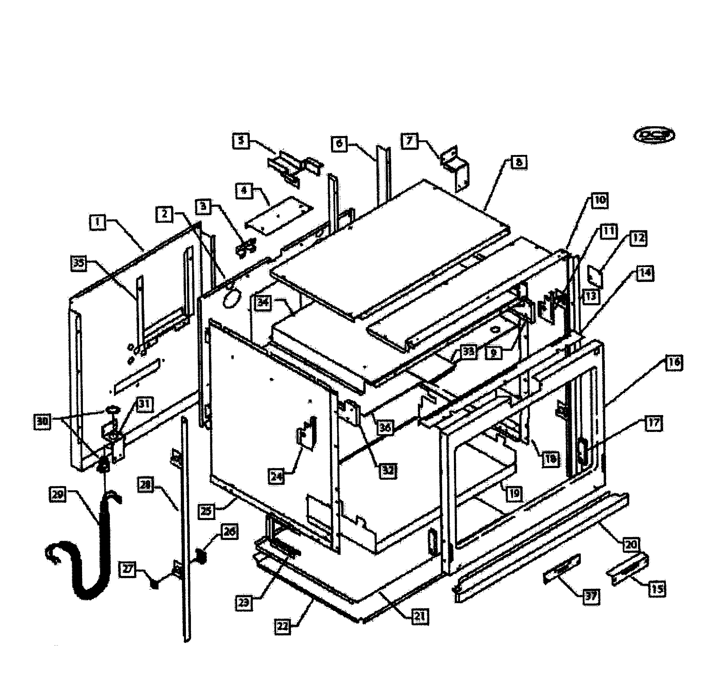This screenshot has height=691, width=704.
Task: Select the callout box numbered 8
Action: click(519, 162)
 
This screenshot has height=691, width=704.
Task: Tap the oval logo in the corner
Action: click(654, 135)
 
